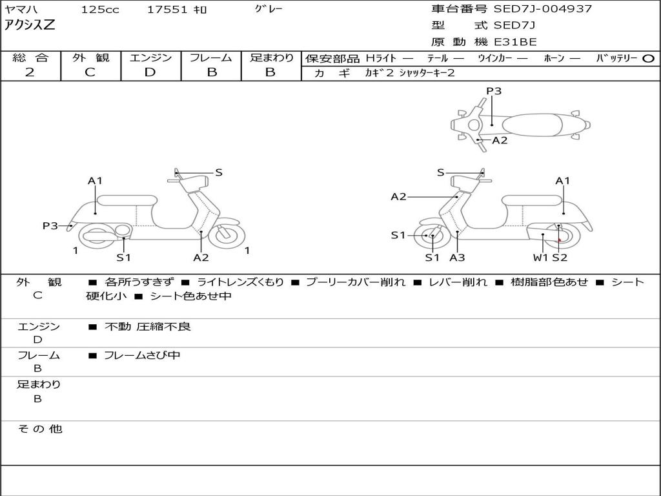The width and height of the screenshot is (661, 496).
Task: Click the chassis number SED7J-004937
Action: click(x=542, y=9)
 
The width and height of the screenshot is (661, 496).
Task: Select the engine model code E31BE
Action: click(x=515, y=42)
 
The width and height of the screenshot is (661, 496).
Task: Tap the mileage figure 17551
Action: click(x=167, y=10)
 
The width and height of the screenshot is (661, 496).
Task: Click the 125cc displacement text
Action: click(x=100, y=10)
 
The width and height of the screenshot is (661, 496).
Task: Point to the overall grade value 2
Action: click(x=30, y=72)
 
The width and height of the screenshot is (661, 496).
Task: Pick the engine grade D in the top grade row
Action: click(x=150, y=72)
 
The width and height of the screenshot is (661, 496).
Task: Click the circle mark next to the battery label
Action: click(x=648, y=59)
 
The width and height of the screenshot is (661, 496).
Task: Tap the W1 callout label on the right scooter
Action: click(x=540, y=257)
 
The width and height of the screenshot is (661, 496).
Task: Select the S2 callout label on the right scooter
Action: click(x=560, y=257)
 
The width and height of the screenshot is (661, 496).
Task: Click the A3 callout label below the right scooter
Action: click(x=457, y=257)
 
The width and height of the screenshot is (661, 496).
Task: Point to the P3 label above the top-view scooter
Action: click(x=494, y=90)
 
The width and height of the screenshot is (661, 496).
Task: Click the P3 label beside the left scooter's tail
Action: click(x=50, y=225)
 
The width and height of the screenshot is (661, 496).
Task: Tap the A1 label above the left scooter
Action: click(x=95, y=181)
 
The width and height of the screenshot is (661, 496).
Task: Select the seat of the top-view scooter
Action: click(x=533, y=125)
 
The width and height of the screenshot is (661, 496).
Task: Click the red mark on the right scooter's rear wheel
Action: click(x=560, y=240)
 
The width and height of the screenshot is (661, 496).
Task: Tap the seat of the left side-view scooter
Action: click(x=127, y=200)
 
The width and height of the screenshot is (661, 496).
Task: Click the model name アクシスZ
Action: click(x=30, y=25)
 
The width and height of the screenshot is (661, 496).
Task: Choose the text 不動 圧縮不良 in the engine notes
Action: click(x=148, y=326)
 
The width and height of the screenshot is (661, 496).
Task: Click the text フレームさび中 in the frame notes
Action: click(x=142, y=355)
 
